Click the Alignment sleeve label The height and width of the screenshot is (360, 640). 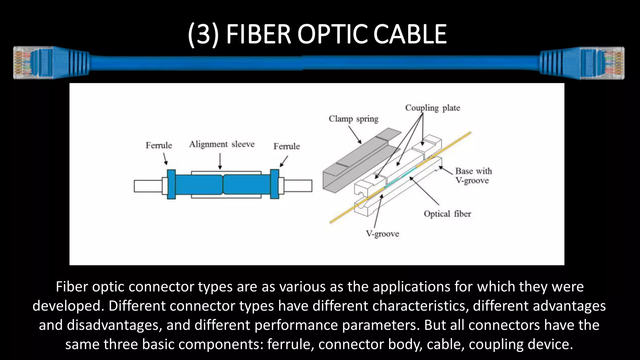pyautogui.click(x=222, y=144)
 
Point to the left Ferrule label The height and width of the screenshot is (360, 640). pyautogui.click(x=159, y=145)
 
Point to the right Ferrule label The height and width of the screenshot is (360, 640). pyautogui.click(x=287, y=146)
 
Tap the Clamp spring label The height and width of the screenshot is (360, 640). pyautogui.click(x=353, y=119)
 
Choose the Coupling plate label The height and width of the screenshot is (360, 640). pyautogui.click(x=432, y=108)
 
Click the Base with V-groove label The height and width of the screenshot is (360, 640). pyautogui.click(x=473, y=176)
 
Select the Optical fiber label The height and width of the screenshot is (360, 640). pyautogui.click(x=447, y=214)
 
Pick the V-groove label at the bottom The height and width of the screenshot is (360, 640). pyautogui.click(x=382, y=234)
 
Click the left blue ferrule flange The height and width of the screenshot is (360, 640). pyautogui.click(x=171, y=184)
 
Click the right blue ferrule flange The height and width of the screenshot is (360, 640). pyautogui.click(x=274, y=184)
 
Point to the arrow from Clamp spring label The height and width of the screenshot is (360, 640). pyautogui.click(x=355, y=135)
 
